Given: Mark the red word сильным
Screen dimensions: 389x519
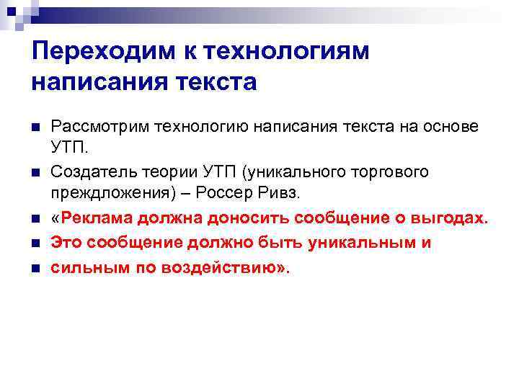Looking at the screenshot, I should (x=81, y=267).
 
